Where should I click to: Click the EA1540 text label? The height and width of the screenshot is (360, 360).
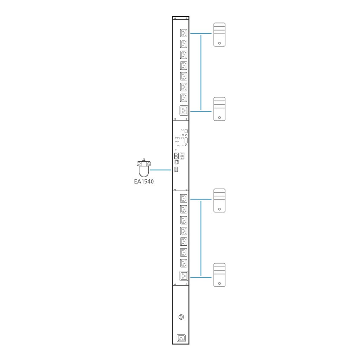tap(144, 182)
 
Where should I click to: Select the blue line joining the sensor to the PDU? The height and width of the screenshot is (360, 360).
tap(161, 170)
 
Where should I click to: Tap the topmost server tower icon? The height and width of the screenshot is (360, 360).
tap(219, 34)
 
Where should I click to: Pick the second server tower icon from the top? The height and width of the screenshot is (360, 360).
tap(219, 109)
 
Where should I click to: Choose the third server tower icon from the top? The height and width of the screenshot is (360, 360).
tap(219, 200)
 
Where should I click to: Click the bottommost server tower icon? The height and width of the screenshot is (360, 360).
tap(219, 275)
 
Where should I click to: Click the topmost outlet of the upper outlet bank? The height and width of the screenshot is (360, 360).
tap(184, 33)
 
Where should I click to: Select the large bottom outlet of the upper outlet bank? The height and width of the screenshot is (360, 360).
tap(184, 111)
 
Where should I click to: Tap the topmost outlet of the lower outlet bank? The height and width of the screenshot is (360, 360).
tap(184, 198)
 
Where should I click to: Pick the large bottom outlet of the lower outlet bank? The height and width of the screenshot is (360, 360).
tap(184, 276)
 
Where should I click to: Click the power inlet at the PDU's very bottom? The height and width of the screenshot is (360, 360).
tap(181, 339)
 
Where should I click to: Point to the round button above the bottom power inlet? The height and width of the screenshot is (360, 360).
tap(181, 317)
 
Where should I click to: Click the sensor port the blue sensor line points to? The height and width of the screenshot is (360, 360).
tap(176, 169)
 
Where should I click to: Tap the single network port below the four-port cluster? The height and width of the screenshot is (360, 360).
tap(176, 162)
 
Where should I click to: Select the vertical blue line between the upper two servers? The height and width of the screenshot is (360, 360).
tap(201, 72)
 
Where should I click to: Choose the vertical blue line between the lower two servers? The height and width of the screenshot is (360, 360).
tap(201, 238)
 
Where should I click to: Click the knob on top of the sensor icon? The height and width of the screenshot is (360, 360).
tap(144, 160)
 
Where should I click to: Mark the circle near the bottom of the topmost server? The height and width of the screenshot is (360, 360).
tap(219, 43)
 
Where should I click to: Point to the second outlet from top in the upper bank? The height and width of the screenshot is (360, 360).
tap(184, 44)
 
